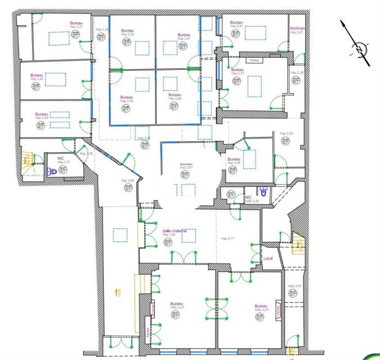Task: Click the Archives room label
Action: (297, 28)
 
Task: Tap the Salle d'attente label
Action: (174, 231)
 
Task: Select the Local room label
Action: (268, 259)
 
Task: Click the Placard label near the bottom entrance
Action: (148, 333)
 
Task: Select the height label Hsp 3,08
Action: (127, 181)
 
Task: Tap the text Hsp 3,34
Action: (102, 30)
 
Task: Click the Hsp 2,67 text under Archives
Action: (297, 32)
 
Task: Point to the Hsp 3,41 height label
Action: (237, 26)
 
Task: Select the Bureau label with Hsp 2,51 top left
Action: (76, 23)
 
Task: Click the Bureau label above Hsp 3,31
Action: (237, 70)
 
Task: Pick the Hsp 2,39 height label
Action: (297, 73)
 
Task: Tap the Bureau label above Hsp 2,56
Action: (234, 159)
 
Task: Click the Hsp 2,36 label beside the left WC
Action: (86, 154)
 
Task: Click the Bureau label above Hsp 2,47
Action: (184, 35)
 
